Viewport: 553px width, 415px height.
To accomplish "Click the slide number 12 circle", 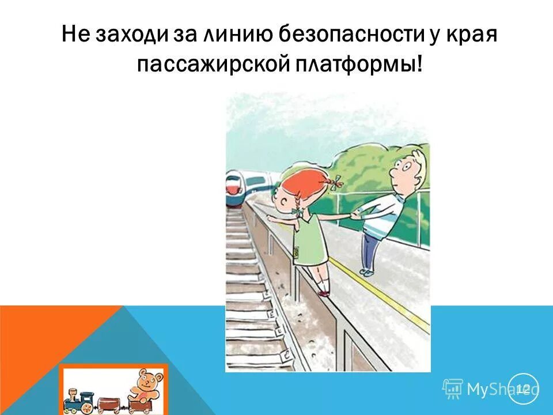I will tap(523, 388).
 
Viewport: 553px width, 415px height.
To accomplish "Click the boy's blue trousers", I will tap(370, 248).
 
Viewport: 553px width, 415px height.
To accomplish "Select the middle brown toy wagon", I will tap(109, 403).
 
